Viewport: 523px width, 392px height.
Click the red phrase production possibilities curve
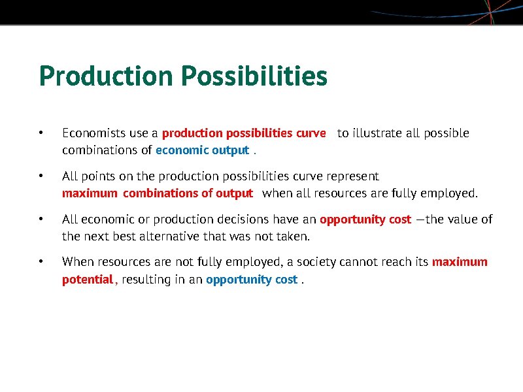pos(243,133)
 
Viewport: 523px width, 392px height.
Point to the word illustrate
pos(377,133)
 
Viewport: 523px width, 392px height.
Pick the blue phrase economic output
pos(202,150)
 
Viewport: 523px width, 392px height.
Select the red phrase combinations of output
pos(188,193)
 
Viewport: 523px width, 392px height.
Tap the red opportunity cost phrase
pos(365,220)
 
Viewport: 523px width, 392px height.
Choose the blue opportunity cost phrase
pos(252,280)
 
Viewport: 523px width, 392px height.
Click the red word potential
pos(88,280)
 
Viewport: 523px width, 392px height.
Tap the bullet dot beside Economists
pos(41,133)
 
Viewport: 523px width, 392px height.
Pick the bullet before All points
pos(41,176)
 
